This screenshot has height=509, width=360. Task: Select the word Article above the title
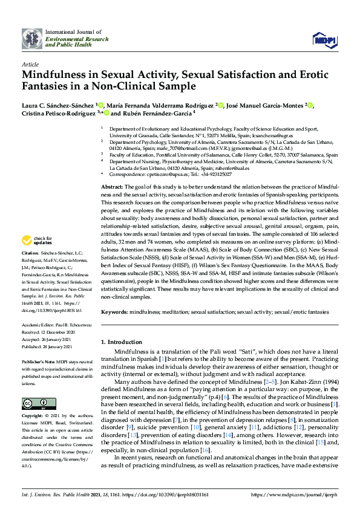click(30, 63)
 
